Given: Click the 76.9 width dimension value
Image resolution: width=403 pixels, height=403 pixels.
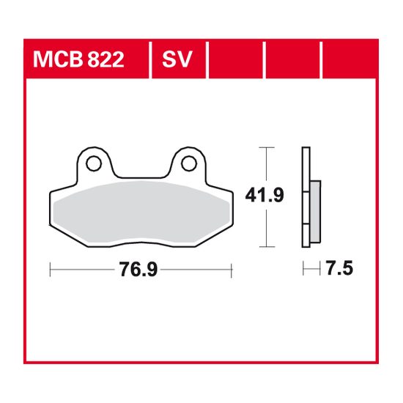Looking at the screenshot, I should (139, 270).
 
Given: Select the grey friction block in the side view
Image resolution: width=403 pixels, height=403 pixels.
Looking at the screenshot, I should (314, 212).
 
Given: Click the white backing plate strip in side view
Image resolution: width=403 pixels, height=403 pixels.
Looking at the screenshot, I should (304, 198).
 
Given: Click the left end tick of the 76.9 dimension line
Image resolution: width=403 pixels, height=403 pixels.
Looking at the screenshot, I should (49, 270).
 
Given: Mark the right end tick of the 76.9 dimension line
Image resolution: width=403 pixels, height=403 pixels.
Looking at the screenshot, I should (231, 270).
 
